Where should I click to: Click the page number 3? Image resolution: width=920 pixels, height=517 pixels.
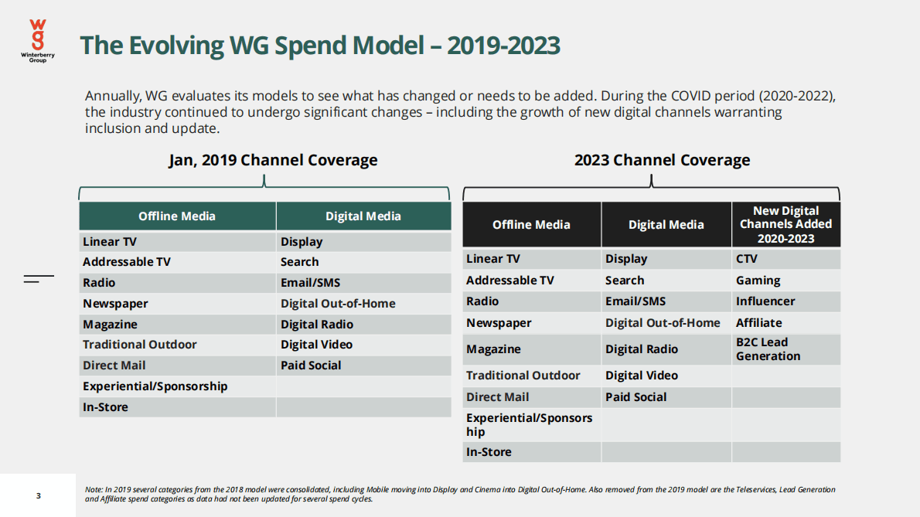[x=39, y=495]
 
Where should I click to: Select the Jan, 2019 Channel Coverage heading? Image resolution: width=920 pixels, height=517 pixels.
[x=273, y=161]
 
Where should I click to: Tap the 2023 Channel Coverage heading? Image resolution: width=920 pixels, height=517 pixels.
[x=662, y=161]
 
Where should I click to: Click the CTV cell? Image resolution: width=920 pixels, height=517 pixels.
[x=747, y=259]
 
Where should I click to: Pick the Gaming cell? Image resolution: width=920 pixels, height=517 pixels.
[x=758, y=281]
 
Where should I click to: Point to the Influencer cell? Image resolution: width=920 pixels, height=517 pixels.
[x=765, y=301]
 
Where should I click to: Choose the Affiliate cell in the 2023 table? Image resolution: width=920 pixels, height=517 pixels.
[x=758, y=323]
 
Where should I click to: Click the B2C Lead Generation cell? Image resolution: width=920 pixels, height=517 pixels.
[x=768, y=349]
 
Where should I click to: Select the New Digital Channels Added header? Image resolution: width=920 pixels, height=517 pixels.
[x=785, y=224]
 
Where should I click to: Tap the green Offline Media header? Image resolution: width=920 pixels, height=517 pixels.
[x=177, y=216]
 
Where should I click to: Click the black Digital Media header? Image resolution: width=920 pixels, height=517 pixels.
[x=666, y=225]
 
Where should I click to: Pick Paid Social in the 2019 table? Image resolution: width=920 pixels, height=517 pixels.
[x=311, y=366]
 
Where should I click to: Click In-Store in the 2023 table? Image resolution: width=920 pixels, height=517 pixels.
[x=489, y=452]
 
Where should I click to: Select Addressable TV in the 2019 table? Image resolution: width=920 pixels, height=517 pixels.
[x=127, y=262]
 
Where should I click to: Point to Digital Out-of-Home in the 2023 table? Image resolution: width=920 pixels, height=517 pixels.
[x=663, y=323]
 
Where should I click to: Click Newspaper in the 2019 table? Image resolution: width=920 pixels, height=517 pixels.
[x=115, y=304]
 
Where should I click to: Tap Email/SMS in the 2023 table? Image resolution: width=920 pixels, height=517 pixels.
[x=635, y=301]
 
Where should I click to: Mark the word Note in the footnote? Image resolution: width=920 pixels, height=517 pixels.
[x=93, y=490]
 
